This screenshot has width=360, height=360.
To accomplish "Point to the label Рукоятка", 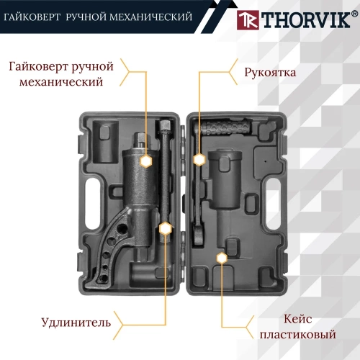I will (x=270, y=73).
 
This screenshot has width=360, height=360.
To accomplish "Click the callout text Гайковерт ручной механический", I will (x=61, y=74).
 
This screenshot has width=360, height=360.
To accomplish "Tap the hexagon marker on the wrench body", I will (x=145, y=161).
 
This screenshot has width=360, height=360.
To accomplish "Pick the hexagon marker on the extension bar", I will (x=165, y=228).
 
